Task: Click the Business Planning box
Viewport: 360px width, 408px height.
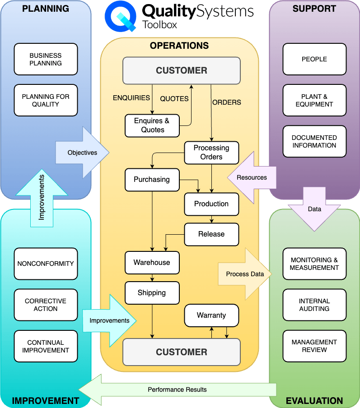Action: click(x=46, y=59)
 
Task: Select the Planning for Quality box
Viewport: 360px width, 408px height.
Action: click(x=46, y=100)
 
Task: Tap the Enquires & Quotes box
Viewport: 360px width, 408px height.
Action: click(x=152, y=125)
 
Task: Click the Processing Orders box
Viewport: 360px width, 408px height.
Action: click(x=211, y=153)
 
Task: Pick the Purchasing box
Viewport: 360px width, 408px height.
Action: click(x=152, y=180)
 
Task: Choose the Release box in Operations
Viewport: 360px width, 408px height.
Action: click(x=211, y=234)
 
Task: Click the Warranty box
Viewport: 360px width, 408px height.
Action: click(x=211, y=315)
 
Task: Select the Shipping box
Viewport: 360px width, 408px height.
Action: click(x=152, y=292)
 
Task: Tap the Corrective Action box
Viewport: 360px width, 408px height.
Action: click(x=46, y=305)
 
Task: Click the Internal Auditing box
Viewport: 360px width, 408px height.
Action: click(x=314, y=305)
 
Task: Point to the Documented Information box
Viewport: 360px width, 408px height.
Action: click(x=314, y=141)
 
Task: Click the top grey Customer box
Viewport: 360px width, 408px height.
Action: click(x=182, y=70)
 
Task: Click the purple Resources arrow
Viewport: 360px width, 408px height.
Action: click(x=251, y=177)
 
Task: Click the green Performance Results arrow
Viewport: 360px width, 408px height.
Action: click(x=177, y=389)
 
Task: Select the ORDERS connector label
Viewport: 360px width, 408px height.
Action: click(x=227, y=102)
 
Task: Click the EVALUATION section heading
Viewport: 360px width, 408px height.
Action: click(x=314, y=401)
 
